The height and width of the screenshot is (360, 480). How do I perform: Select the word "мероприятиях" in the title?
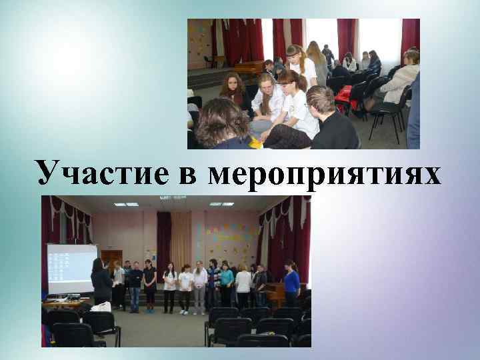pos(325,174)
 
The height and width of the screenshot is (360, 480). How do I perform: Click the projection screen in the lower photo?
pos(71,269)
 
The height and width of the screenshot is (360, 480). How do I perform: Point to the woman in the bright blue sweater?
pos(291,283)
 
